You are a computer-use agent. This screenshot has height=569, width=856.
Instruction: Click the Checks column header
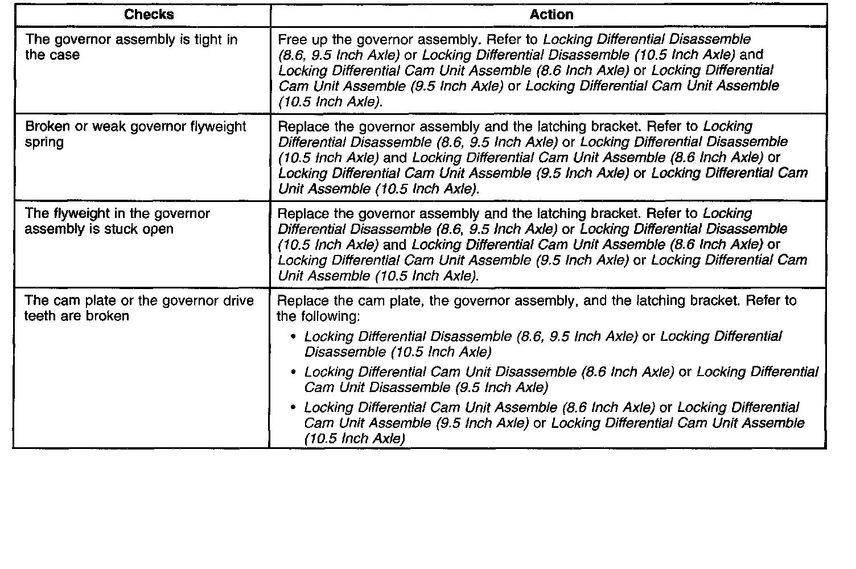(149, 15)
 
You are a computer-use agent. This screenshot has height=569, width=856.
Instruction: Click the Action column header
(551, 15)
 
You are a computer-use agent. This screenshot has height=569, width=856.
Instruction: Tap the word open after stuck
(158, 229)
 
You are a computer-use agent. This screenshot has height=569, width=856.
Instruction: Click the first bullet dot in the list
(293, 337)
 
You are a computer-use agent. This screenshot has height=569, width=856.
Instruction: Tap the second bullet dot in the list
(293, 373)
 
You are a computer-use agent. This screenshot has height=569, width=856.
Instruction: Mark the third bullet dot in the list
(293, 408)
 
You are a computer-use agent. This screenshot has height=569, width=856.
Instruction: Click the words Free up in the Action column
(301, 40)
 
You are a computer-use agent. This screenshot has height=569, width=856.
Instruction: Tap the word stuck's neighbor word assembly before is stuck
(52, 229)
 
